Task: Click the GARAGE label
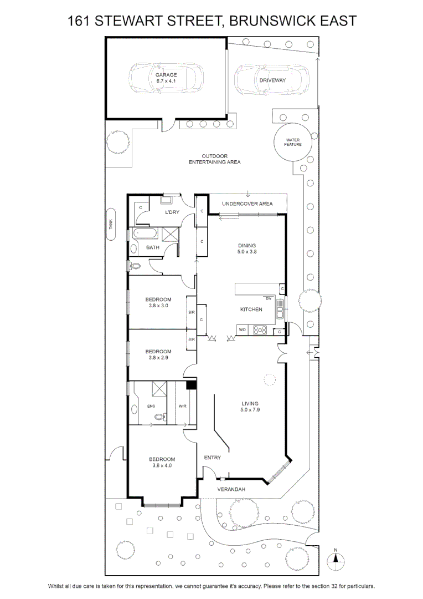coord(166,75)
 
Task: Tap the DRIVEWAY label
coord(272,80)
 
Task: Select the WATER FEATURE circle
coord(293,142)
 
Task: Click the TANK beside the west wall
coord(111,224)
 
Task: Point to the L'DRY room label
coord(172,212)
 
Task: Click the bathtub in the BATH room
coord(145,233)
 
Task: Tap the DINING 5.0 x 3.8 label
coord(247,248)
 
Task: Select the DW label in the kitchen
coord(269,298)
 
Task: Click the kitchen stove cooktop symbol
coord(260,329)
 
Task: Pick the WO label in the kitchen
coord(242,329)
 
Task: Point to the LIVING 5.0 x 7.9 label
coord(250,407)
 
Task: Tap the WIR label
coord(182,406)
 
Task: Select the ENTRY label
coord(213,457)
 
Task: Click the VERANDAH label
coord(231,489)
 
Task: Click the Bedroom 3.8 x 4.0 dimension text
coord(162,465)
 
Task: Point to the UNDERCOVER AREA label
coord(247,204)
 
